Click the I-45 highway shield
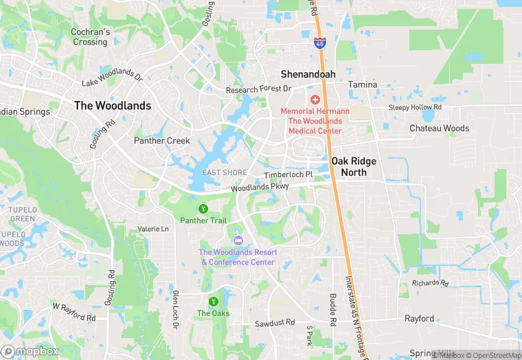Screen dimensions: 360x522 coord(320,43)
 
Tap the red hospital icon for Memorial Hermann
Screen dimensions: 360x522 coord(315,100)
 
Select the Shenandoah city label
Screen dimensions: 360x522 coord(308,74)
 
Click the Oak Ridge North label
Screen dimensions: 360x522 coord(359,166)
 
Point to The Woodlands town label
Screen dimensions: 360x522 coord(112,106)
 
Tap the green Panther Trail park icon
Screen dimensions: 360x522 coord(203,208)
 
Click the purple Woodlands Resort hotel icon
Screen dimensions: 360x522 coord(238,240)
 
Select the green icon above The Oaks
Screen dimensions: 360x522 coord(213,301)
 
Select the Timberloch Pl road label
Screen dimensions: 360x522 coord(288,175)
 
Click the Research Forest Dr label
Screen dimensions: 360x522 coord(259,89)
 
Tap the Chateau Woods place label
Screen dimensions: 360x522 coord(439,128)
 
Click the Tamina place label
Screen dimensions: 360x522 coord(363,85)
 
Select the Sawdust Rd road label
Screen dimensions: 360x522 coord(274,322)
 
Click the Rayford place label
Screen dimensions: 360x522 coord(419,318)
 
